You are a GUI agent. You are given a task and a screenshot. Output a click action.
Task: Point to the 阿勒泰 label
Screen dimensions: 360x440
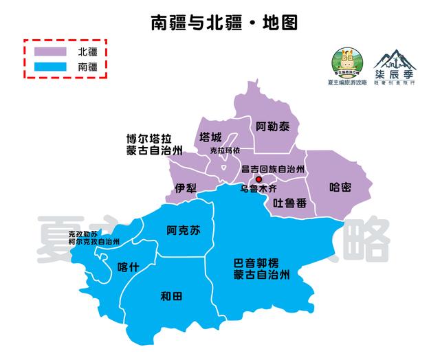(273, 126)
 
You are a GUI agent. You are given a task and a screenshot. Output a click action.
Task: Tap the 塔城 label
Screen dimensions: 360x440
(210, 136)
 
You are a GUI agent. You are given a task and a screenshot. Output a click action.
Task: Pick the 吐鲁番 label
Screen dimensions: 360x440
(288, 203)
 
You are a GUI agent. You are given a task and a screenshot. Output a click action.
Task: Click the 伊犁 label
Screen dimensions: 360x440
(186, 188)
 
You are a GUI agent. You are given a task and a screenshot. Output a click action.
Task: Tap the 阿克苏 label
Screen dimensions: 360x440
(184, 231)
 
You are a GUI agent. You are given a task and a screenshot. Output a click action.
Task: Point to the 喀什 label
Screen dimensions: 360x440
(129, 267)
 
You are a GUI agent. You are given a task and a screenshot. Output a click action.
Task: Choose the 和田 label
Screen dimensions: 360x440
(170, 297)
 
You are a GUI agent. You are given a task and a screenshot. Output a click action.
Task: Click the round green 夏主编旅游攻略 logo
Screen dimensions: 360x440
(349, 63)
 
